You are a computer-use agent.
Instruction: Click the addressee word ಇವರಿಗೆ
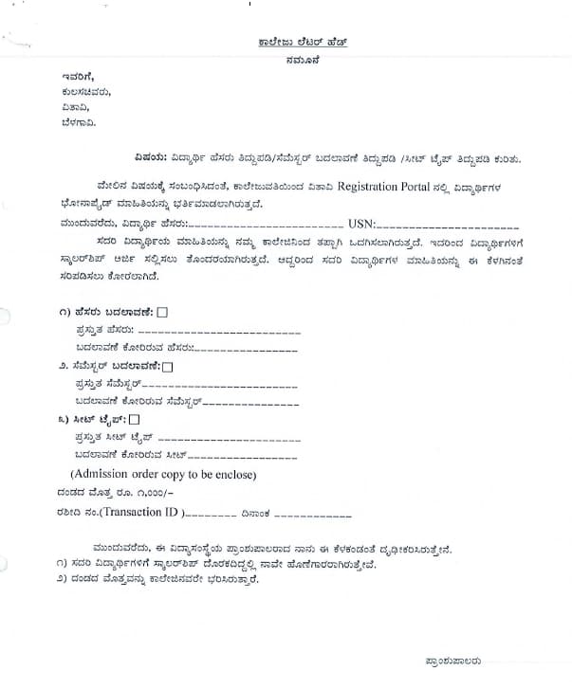(x=78, y=76)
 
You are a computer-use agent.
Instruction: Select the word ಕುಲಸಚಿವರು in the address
(x=84, y=92)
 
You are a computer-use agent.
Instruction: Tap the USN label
(x=362, y=224)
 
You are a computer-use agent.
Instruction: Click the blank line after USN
(x=448, y=227)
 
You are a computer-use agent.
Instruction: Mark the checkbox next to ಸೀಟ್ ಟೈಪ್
(x=134, y=419)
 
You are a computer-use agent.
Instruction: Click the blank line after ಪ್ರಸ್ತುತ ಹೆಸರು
(x=218, y=333)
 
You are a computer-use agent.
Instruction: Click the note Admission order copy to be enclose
(x=162, y=474)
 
